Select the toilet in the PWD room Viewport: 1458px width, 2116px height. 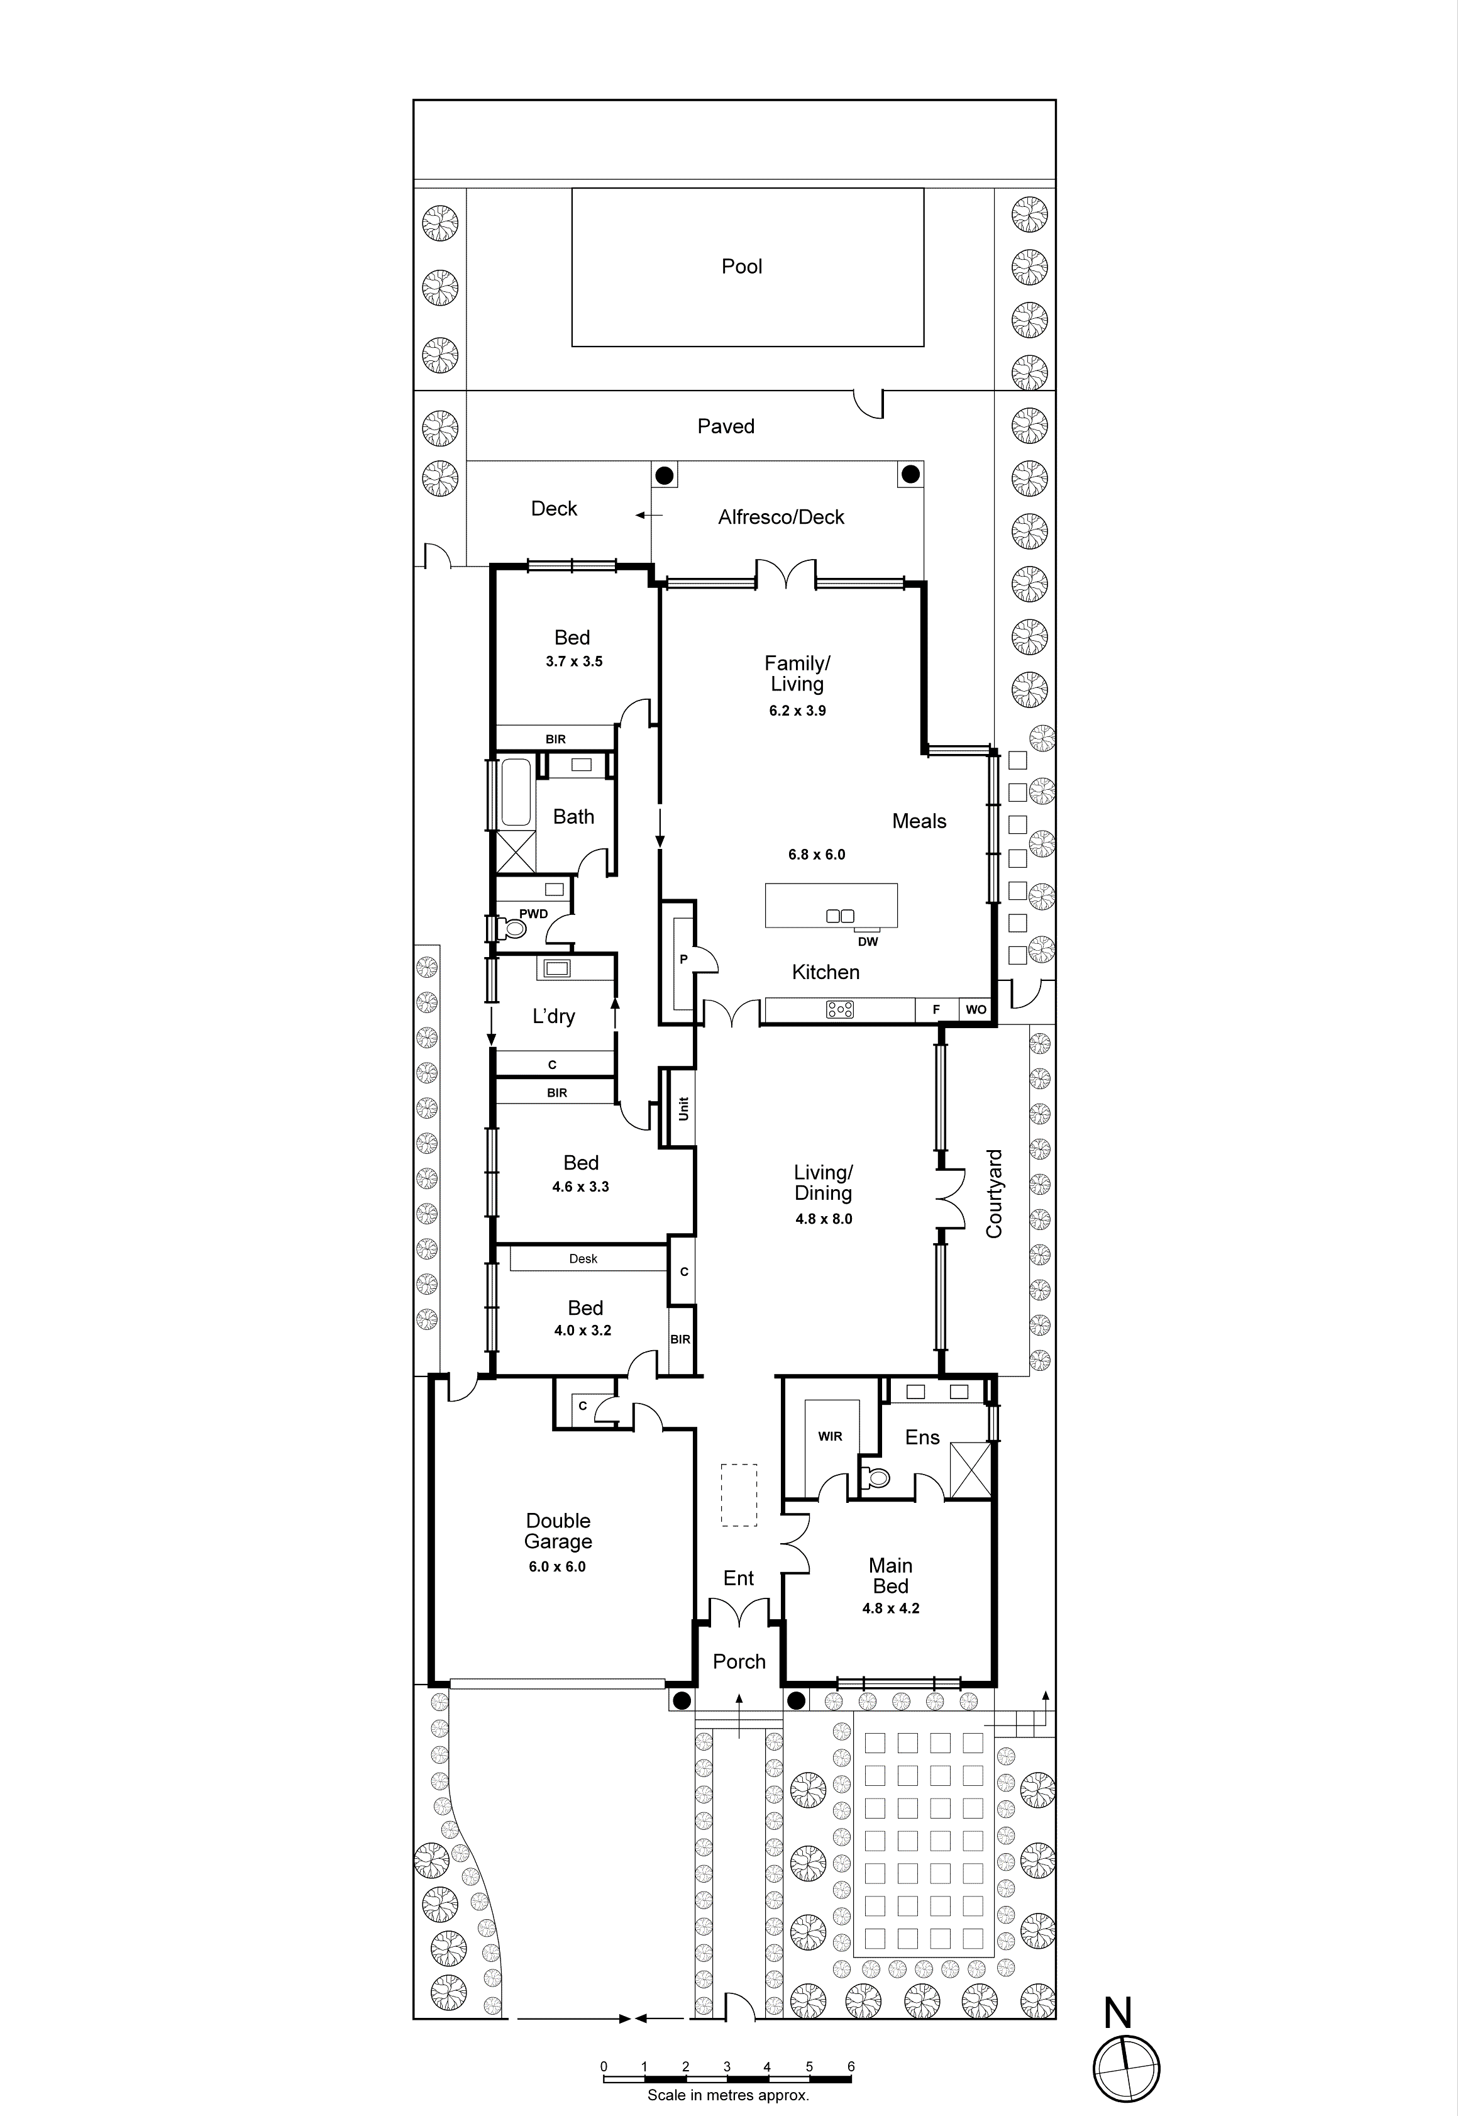tap(514, 929)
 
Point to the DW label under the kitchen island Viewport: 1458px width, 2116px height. tap(867, 942)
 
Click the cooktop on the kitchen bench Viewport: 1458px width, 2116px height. tap(839, 1009)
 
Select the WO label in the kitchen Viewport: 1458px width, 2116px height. tap(976, 1009)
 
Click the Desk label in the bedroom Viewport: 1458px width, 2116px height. tap(583, 1259)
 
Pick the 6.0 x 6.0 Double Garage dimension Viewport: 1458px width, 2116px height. tap(556, 1566)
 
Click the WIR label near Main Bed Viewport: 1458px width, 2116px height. tap(829, 1436)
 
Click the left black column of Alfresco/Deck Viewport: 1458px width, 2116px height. tap(664, 475)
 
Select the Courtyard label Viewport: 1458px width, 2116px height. tap(994, 1194)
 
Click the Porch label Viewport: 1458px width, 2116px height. tap(739, 1661)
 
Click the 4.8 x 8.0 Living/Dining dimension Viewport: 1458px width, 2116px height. tap(823, 1219)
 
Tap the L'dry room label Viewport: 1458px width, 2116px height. tap(554, 1016)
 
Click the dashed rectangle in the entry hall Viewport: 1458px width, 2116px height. tap(739, 1495)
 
